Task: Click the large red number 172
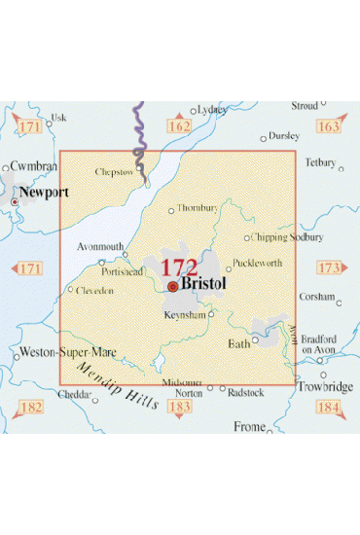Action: pyautogui.click(x=178, y=267)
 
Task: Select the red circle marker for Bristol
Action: pyautogui.click(x=172, y=287)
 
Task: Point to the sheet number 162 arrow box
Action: pyautogui.click(x=178, y=126)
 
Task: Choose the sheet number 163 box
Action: pyautogui.click(x=328, y=126)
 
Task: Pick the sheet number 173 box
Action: pyautogui.click(x=329, y=267)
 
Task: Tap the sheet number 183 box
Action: pyautogui.click(x=179, y=406)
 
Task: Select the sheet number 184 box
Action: pyautogui.click(x=329, y=406)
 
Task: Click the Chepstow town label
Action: pyautogui.click(x=115, y=172)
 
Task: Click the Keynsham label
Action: pyautogui.click(x=186, y=315)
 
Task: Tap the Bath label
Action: pyautogui.click(x=238, y=343)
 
